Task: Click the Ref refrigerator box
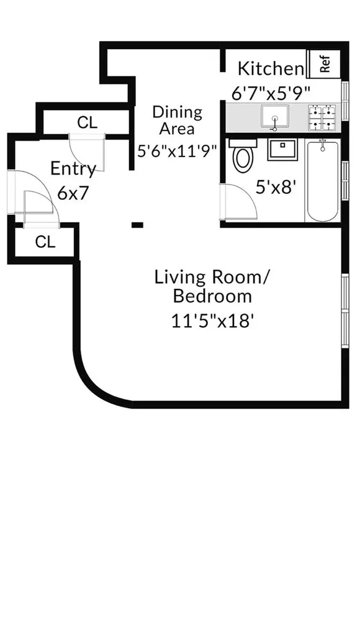[324, 64]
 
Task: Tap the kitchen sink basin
[275, 117]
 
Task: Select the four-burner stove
[322, 117]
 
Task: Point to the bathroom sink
[282, 149]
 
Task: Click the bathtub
[323, 181]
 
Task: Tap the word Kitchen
[271, 68]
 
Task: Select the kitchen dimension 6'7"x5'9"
[271, 94]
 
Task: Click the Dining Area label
[177, 120]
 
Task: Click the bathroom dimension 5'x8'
[274, 188]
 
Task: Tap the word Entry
[73, 169]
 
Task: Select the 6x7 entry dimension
[73, 193]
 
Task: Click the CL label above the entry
[88, 122]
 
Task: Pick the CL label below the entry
[45, 242]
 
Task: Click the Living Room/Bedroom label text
[212, 287]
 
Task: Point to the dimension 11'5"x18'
[212, 322]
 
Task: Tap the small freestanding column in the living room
[137, 224]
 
